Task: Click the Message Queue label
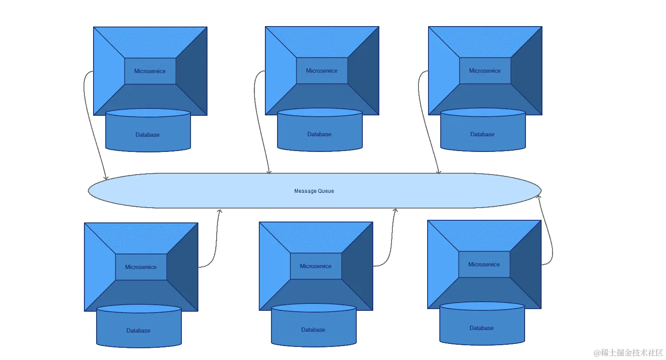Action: tap(314, 191)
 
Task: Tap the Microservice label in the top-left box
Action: tap(150, 71)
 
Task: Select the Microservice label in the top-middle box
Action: tap(321, 71)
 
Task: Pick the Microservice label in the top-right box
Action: tap(485, 71)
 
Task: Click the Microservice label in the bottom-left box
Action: tap(141, 267)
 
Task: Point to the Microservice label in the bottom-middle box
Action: tap(315, 266)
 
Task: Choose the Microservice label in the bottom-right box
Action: tap(484, 264)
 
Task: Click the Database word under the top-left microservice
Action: tap(147, 135)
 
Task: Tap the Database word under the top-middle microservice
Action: tap(319, 134)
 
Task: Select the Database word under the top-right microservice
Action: tap(482, 134)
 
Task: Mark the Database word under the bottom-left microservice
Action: tap(138, 330)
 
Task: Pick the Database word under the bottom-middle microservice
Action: tap(313, 330)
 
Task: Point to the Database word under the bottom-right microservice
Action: tap(482, 328)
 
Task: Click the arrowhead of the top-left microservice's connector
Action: tap(106, 178)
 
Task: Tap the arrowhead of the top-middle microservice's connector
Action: tap(269, 172)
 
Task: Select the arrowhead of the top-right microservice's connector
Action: tap(439, 172)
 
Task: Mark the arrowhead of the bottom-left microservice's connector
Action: tap(220, 211)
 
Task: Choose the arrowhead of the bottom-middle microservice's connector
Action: tap(395, 210)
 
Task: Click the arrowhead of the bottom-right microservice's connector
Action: tap(539, 197)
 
